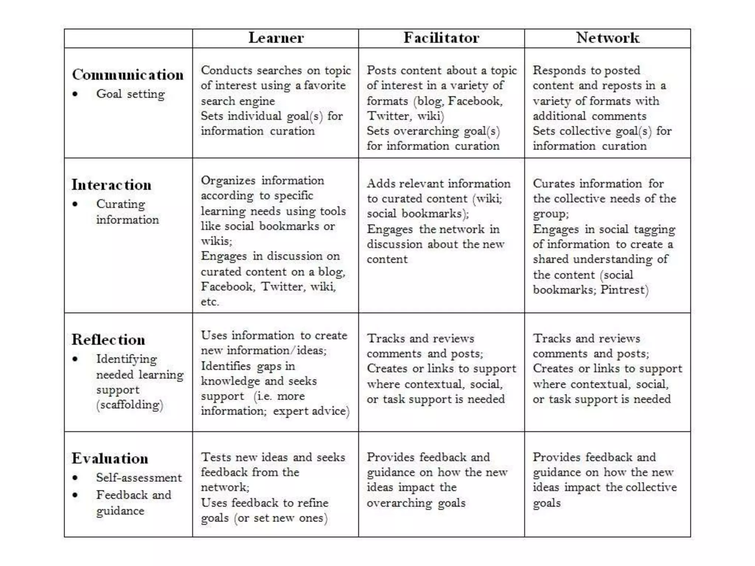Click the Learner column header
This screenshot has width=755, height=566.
(276, 38)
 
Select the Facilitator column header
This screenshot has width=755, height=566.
(441, 38)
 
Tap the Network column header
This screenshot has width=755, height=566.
(608, 38)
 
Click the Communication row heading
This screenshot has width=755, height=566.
(128, 75)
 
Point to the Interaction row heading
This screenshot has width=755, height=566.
(111, 185)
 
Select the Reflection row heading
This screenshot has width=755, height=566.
(108, 340)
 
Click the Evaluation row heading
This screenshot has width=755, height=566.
(110, 458)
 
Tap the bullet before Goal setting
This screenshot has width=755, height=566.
(75, 94)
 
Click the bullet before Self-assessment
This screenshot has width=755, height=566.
(75, 478)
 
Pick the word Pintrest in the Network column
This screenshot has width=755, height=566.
(622, 290)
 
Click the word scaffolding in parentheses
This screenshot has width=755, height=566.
(130, 405)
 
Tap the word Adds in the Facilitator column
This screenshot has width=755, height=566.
(381, 184)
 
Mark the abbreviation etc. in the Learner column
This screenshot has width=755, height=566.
(210, 302)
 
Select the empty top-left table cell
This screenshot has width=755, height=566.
(128, 38)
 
